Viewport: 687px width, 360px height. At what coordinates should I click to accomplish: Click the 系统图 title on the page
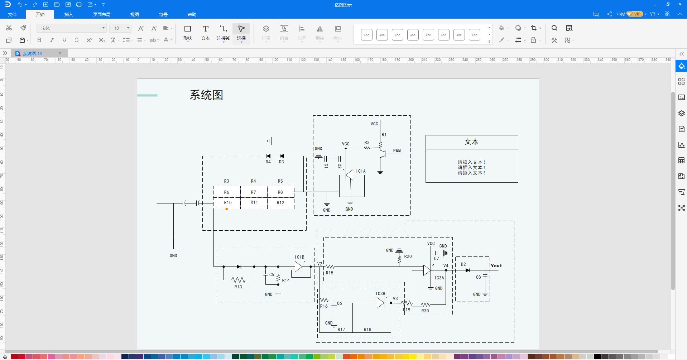[x=206, y=95]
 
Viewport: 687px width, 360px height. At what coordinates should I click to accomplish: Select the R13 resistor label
[x=238, y=287]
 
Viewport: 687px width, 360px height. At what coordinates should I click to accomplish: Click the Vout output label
[x=496, y=266]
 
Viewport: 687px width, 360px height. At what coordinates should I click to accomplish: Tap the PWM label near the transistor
[x=397, y=151]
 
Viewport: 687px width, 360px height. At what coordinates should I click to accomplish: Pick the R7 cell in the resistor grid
[x=254, y=192]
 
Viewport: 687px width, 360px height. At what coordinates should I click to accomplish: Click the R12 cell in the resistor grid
[x=280, y=203]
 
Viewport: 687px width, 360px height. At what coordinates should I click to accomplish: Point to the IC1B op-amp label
[x=300, y=257]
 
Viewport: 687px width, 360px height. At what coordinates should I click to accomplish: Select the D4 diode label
[x=268, y=162]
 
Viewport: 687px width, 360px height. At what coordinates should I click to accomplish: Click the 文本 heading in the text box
[x=471, y=142]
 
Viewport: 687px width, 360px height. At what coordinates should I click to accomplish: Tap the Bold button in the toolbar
[x=39, y=40]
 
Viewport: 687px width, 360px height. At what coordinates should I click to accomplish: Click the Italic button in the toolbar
[x=52, y=40]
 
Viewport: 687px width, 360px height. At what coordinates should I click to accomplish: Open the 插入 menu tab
[x=68, y=14]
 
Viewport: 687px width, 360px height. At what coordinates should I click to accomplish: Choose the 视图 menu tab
[x=134, y=14]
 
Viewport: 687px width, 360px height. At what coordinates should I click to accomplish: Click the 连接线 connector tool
[x=223, y=32]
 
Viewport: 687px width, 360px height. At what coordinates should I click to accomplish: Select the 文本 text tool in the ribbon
[x=205, y=32]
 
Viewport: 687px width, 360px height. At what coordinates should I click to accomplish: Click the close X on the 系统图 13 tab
[x=60, y=53]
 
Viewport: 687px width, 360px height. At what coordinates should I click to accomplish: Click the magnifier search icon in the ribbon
[x=554, y=28]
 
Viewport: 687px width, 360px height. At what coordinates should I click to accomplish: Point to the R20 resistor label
[x=408, y=256]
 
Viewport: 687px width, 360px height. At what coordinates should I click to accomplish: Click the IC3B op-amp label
[x=380, y=294]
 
